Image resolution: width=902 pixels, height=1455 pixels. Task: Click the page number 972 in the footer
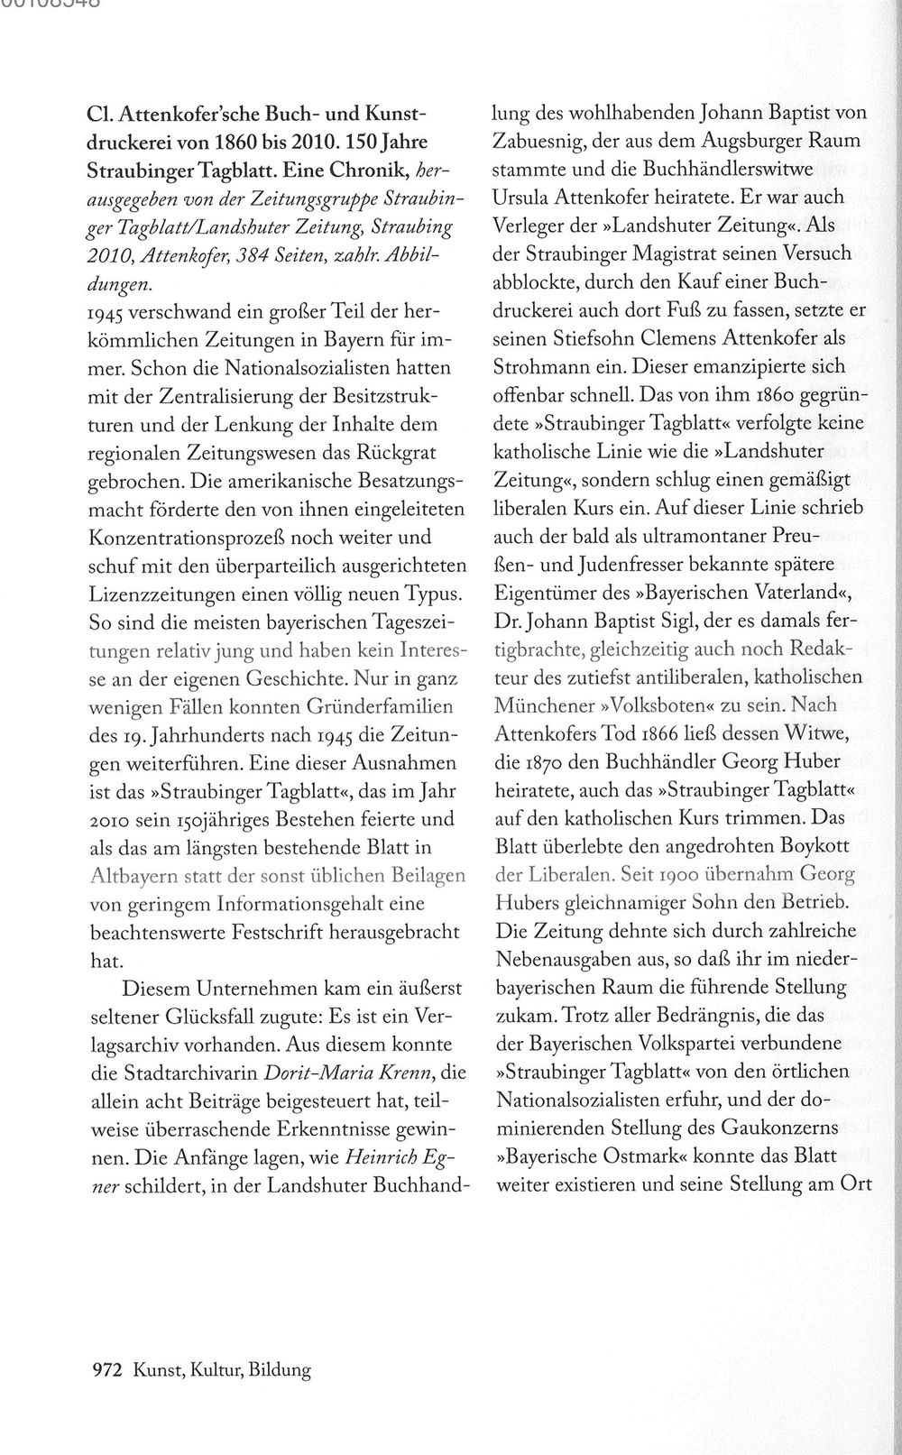(x=107, y=1370)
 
